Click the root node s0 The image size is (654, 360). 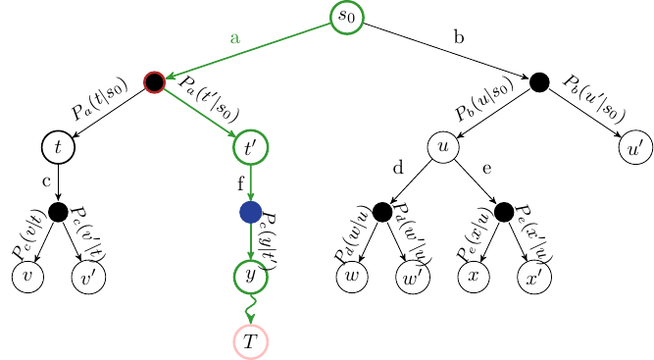346,17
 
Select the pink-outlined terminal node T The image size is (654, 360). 250,340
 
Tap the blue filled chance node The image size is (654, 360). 250,212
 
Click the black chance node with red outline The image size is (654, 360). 154,82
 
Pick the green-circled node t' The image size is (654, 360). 250,147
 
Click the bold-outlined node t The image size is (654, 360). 58,147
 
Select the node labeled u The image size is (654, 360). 443,147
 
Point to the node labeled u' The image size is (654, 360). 634,147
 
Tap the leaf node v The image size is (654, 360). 27,278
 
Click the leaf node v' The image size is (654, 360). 88,278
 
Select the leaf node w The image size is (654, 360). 351,278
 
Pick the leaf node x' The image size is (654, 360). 534,278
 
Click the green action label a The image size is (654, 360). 234,38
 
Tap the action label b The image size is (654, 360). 459,37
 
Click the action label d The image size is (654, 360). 398,168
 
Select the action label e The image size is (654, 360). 487,168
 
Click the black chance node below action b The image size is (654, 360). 538,82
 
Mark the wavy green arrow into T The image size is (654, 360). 250,308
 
